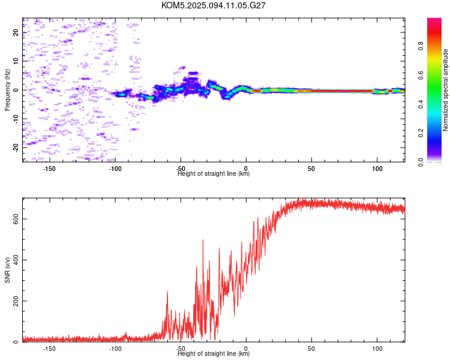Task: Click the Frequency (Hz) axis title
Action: [x=7, y=89]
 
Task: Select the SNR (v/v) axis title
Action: [x=7, y=269]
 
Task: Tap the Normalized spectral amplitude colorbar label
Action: [x=446, y=90]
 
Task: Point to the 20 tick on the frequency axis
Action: [x=16, y=32]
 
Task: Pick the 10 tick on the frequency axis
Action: [x=16, y=61]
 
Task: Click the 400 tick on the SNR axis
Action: [x=16, y=260]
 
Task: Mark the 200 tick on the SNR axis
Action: [x=16, y=301]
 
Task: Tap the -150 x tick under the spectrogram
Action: [x=49, y=168]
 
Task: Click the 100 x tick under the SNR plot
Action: [x=377, y=348]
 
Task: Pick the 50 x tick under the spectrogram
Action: [x=311, y=168]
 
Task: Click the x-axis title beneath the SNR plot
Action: [x=214, y=354]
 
